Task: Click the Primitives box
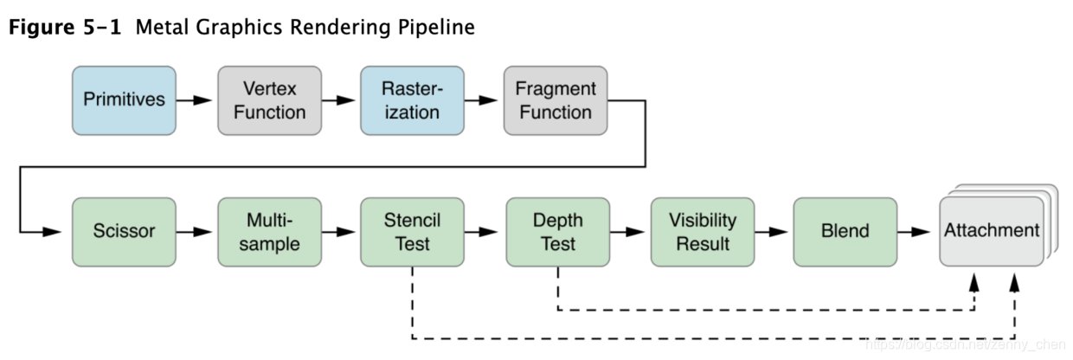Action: (124, 100)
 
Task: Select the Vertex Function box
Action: (269, 100)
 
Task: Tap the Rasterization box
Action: (412, 100)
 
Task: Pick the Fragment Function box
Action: (556, 100)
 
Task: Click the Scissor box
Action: (124, 232)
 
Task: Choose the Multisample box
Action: (269, 232)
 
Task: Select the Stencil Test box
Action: (412, 232)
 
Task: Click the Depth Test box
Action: (557, 232)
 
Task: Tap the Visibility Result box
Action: (703, 232)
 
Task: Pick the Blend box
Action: (845, 232)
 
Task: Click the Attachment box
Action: (992, 231)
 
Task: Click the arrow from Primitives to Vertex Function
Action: (196, 100)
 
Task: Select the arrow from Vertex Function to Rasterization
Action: (340, 100)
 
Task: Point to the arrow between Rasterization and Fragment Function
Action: (484, 100)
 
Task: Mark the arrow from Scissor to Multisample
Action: (196, 232)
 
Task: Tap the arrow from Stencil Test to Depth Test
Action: (484, 232)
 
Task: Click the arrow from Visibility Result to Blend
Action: (773, 232)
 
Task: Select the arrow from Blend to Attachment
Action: (916, 232)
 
